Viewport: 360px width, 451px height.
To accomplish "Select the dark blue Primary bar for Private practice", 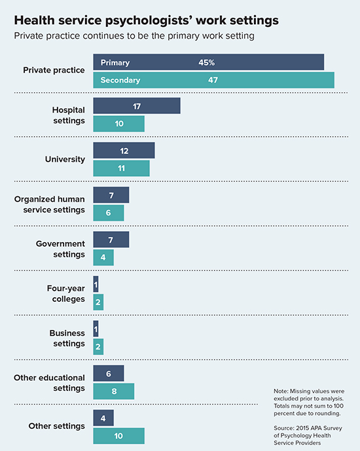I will [209, 63].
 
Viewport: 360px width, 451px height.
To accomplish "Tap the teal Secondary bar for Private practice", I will [213, 80].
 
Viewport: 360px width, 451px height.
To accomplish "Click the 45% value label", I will [207, 63].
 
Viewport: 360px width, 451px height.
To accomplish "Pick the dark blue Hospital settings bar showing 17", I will [137, 107].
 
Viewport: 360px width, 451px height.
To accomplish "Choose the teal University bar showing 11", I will [121, 168].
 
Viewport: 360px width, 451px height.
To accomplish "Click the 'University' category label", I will [65, 160].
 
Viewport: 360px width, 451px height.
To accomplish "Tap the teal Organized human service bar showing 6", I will [109, 213].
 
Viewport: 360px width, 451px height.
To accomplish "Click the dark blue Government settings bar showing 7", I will [111, 240].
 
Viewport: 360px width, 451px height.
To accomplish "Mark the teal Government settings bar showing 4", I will [103, 257].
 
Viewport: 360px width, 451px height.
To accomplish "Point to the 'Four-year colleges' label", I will [65, 293].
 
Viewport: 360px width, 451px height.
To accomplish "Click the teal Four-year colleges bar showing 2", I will [98, 302].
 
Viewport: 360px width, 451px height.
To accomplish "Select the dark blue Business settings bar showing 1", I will [96, 329].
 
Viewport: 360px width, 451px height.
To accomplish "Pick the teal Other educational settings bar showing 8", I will [113, 391].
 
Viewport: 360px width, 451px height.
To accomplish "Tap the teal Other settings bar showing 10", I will [118, 435].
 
